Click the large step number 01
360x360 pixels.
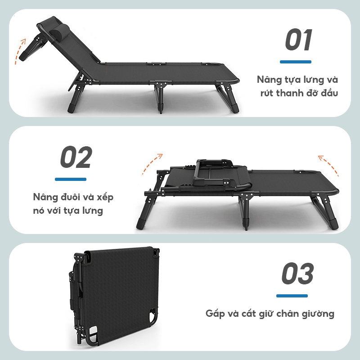pyautogui.click(x=299, y=40)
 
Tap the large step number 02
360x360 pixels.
pyautogui.click(x=76, y=157)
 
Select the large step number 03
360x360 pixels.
pyautogui.click(x=297, y=273)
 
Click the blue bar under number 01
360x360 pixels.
pyautogui.click(x=296, y=62)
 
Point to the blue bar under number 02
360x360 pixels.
pyautogui.click(x=71, y=179)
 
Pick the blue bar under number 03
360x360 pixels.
pyautogui.click(x=292, y=296)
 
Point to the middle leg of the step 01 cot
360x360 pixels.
pyautogui.click(x=161, y=97)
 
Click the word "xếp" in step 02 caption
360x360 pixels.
pyautogui.click(x=105, y=198)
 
